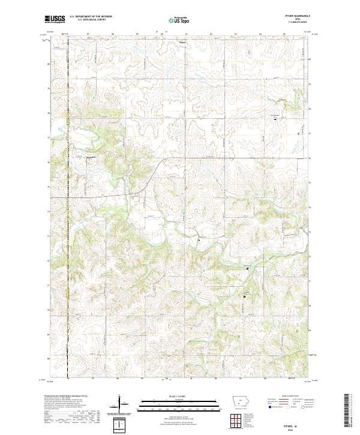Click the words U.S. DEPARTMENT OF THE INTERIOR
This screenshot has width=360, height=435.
[89, 17]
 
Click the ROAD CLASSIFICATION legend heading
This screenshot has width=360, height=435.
[292, 396]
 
